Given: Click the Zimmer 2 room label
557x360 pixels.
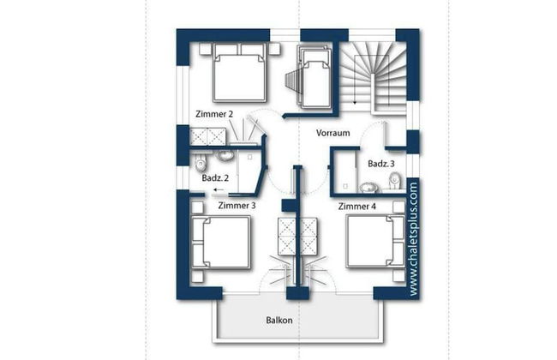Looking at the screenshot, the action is pyautogui.click(x=214, y=114).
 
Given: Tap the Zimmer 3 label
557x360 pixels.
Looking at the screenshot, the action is pyautogui.click(x=237, y=206).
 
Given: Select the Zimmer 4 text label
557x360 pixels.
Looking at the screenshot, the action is pyautogui.click(x=356, y=206).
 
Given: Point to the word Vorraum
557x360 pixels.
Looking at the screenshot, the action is pyautogui.click(x=332, y=133).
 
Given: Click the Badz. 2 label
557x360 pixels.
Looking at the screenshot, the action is pyautogui.click(x=215, y=177).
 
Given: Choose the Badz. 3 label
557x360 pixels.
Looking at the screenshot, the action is pyautogui.click(x=381, y=164).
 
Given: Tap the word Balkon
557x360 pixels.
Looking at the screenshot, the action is pyautogui.click(x=279, y=321).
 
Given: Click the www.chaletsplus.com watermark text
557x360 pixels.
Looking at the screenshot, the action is pyautogui.click(x=413, y=239).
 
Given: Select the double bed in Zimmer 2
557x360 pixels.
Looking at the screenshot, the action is pyautogui.click(x=239, y=73).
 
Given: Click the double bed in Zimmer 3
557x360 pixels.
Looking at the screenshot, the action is pyautogui.click(x=220, y=242).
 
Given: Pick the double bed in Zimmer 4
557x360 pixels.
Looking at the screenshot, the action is pyautogui.click(x=375, y=242).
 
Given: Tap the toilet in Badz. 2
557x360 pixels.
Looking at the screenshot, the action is pyautogui.click(x=201, y=164).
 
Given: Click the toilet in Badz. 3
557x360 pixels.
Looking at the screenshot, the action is pyautogui.click(x=395, y=181).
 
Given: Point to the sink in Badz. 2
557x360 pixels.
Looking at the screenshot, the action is pyautogui.click(x=225, y=155).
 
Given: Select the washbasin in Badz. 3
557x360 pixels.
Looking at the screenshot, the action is pyautogui.click(x=368, y=187).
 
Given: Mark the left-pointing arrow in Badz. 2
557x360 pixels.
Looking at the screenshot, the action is pyautogui.click(x=219, y=189).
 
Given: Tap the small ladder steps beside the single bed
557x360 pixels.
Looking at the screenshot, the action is pyautogui.click(x=293, y=83).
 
